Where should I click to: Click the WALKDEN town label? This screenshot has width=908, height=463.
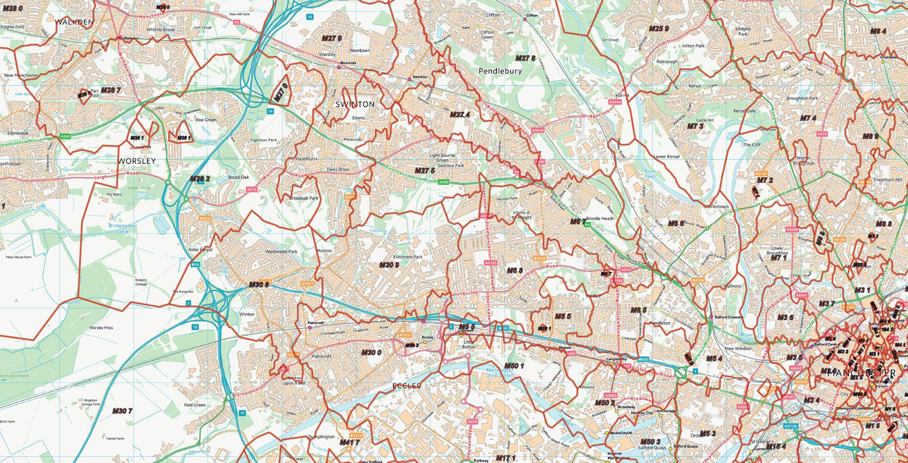tap(75, 22)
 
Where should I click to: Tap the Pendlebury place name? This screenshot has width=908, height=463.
tap(501, 70)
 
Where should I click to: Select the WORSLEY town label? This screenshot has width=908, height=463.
tap(137, 161)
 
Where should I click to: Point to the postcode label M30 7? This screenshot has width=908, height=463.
tap(122, 411)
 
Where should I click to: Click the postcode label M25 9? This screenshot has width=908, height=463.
tap(658, 28)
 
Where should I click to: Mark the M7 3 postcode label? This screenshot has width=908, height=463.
tap(695, 126)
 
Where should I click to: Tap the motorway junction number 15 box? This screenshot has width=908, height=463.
tap(310, 16)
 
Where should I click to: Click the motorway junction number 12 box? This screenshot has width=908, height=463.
tap(195, 327)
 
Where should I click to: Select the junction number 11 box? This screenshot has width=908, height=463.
tap(242, 412)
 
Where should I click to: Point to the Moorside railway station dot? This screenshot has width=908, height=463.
tap(339, 67)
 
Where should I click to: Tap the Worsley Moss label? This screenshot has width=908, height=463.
tap(101, 327)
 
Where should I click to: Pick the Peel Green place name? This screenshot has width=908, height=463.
tap(194, 405)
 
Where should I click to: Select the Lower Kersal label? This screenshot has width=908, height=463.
tap(667, 157)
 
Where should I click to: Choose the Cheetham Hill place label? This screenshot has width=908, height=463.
tap(888, 180)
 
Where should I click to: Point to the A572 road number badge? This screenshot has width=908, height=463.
tap(251, 190)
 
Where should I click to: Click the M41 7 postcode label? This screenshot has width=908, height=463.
tap(349, 443)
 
